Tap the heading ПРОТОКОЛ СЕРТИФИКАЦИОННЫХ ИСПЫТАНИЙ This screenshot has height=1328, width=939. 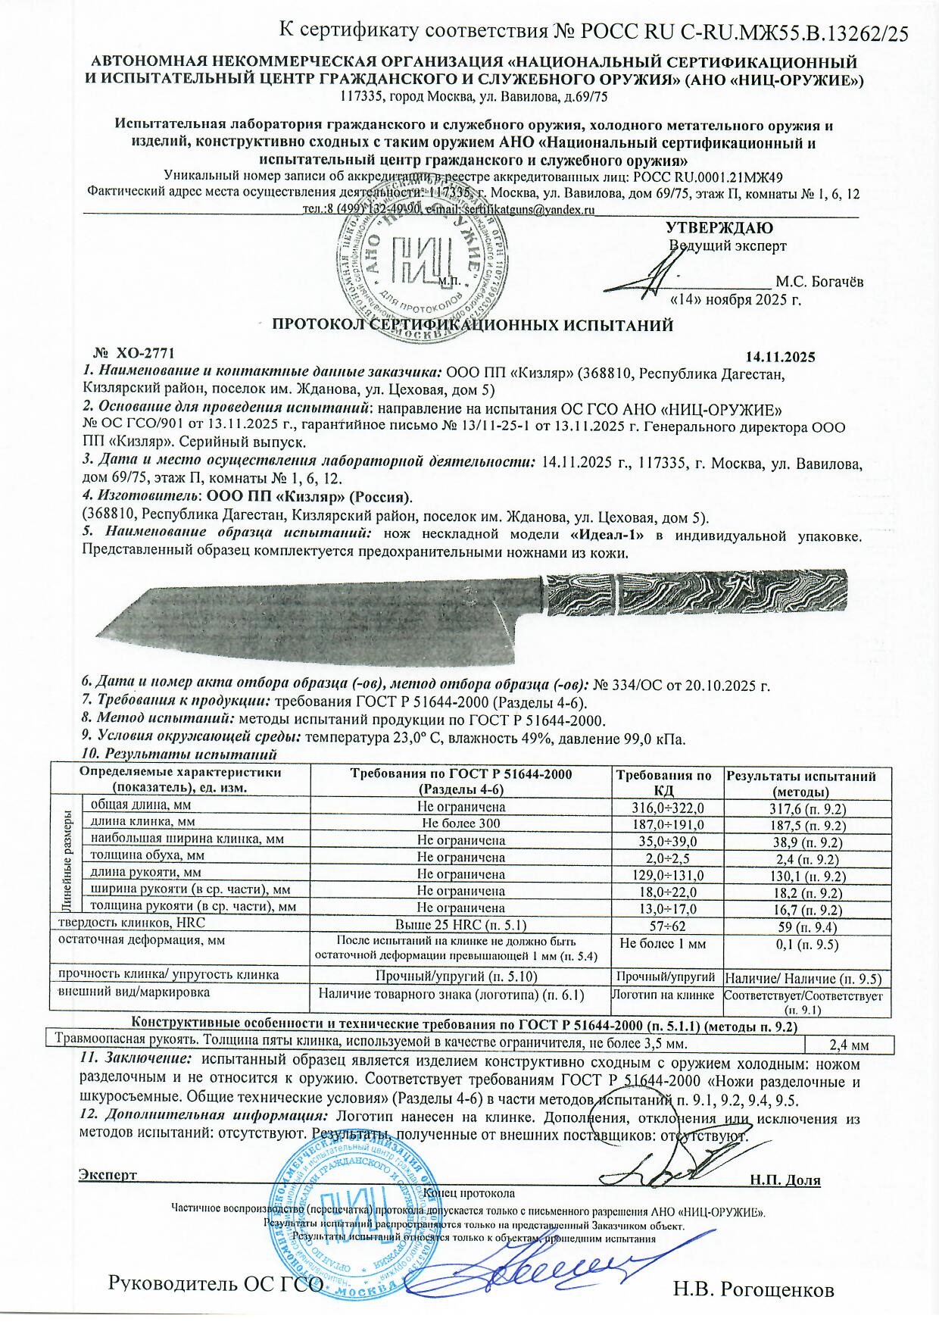click(x=473, y=326)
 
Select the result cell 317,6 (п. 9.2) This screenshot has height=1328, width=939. click(x=807, y=808)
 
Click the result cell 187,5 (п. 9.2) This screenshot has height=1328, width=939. click(x=807, y=825)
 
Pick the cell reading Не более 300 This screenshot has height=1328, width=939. click(x=460, y=823)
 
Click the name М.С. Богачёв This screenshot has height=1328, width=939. click(x=819, y=282)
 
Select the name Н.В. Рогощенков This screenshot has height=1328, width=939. click(x=753, y=1289)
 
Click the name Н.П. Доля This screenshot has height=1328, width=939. click(x=785, y=1180)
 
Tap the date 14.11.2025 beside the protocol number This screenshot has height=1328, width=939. click(x=780, y=357)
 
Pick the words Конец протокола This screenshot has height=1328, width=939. click(x=470, y=1192)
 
